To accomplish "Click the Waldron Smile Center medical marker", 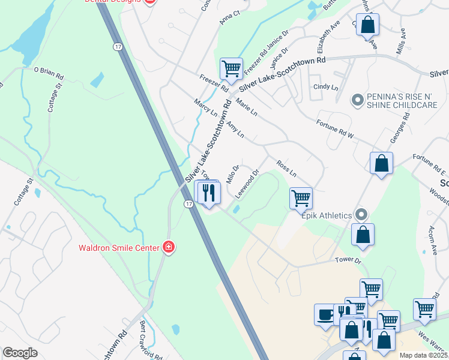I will [x=169, y=247].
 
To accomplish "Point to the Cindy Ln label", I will [x=326, y=87].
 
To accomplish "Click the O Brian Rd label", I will [x=48, y=73].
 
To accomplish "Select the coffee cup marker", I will [x=325, y=314].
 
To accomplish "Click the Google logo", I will [x=20, y=353].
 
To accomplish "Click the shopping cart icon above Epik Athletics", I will [x=300, y=197].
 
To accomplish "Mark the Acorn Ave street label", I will [x=435, y=240].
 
